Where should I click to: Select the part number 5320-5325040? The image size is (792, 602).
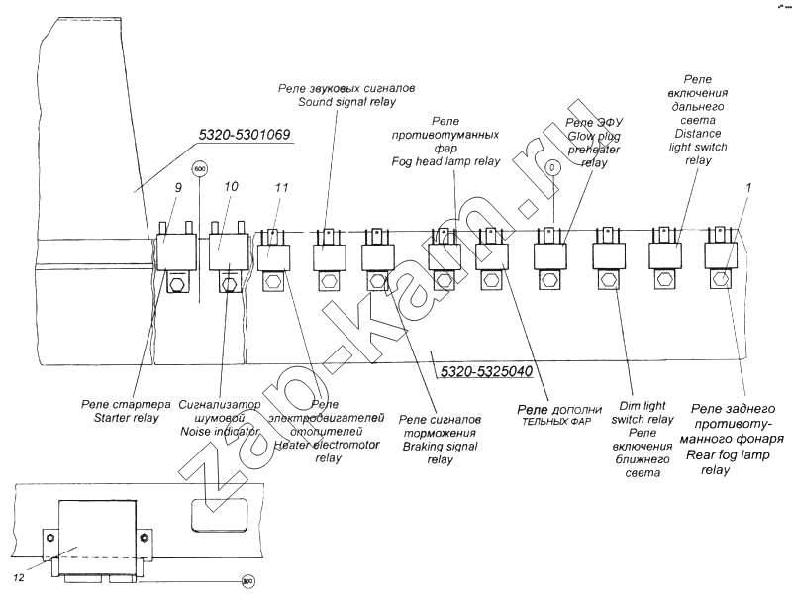[x=484, y=372]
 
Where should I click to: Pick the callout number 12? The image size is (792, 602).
[x=18, y=576]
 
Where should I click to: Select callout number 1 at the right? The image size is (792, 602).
[x=748, y=186]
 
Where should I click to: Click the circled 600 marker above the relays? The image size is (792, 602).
[x=200, y=168]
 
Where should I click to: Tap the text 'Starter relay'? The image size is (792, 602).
[x=119, y=418]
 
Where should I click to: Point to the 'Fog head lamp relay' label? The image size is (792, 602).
[x=446, y=160]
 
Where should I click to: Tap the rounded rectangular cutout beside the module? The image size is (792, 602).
[x=218, y=516]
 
